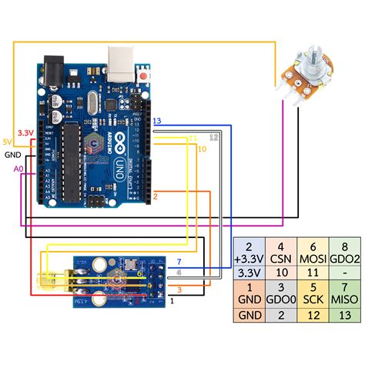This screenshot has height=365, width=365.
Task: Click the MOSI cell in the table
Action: click(x=311, y=254)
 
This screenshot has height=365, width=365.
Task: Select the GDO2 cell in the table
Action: click(x=343, y=254)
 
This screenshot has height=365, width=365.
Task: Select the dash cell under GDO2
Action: click(x=343, y=272)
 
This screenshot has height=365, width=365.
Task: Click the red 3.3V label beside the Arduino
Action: click(x=25, y=132)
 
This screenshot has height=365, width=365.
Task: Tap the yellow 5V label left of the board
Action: click(x=7, y=142)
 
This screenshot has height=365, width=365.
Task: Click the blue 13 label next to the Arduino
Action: click(x=157, y=122)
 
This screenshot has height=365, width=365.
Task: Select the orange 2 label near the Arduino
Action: click(x=155, y=197)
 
